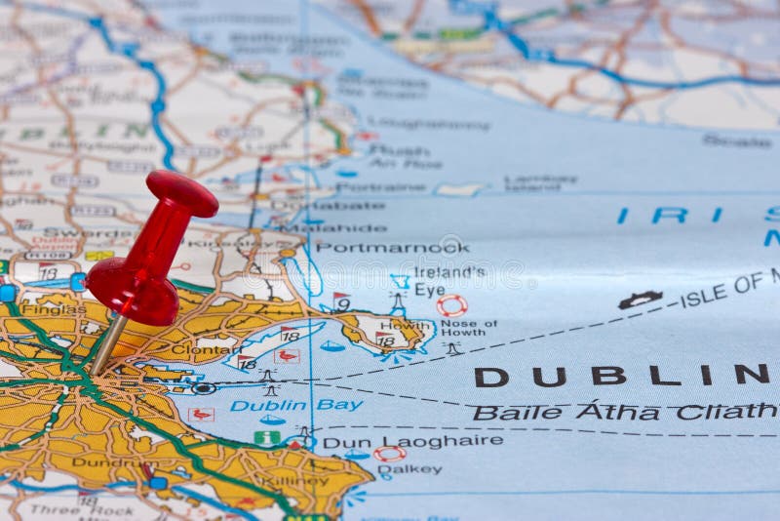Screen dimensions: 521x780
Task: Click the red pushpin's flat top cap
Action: (x=182, y=192)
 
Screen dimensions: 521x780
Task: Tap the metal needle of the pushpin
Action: (x=107, y=342)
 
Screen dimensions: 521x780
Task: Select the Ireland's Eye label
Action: (x=448, y=280)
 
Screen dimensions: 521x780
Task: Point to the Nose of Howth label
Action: (x=468, y=327)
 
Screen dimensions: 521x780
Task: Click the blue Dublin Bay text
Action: (x=296, y=405)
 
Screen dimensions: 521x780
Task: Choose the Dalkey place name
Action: (x=409, y=470)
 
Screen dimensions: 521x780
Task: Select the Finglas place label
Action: (x=54, y=309)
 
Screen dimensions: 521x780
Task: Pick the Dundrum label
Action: (x=102, y=463)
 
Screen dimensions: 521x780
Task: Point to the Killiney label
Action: (x=295, y=480)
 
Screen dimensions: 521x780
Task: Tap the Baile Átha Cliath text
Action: (x=624, y=412)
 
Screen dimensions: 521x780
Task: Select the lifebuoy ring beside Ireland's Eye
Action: (x=451, y=305)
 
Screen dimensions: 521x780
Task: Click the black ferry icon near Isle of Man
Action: (x=640, y=300)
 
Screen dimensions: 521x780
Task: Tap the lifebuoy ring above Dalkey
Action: (x=390, y=454)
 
